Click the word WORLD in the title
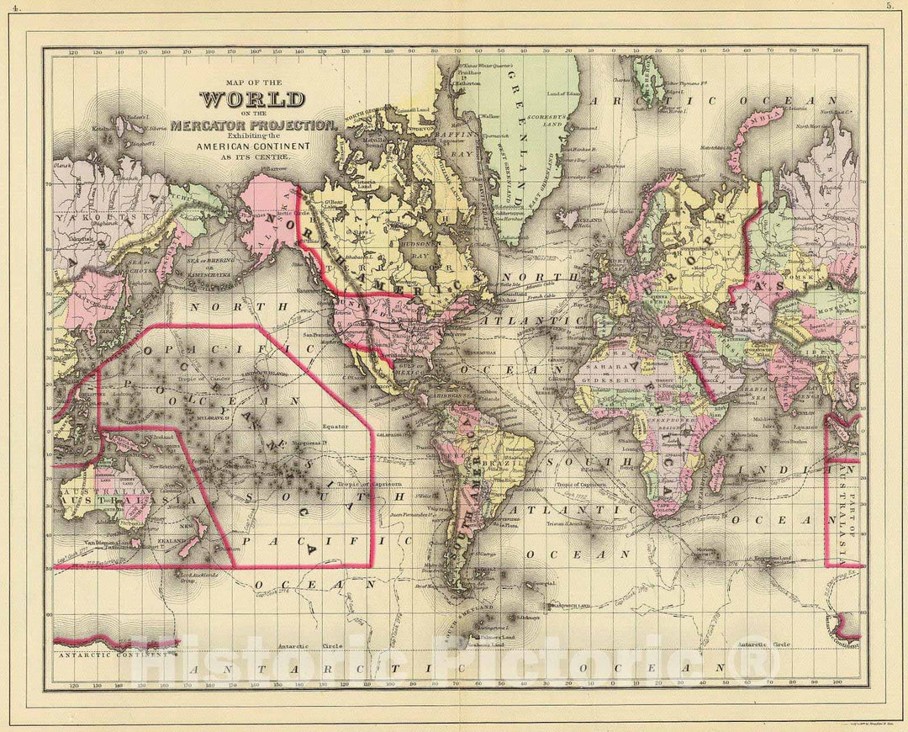[251, 99]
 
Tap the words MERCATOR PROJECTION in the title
[252, 125]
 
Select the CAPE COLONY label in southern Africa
[668, 507]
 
